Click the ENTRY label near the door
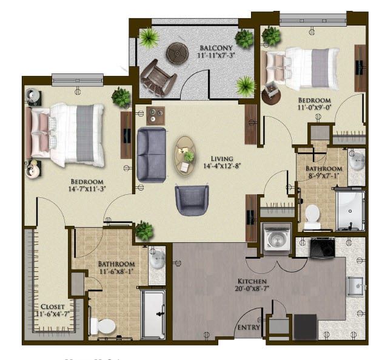(x=249, y=328)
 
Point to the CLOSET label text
(x=53, y=307)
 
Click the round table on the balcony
(x=177, y=53)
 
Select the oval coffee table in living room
(x=186, y=155)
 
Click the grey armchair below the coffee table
(x=192, y=200)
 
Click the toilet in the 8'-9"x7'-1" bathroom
(x=312, y=216)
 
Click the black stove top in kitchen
(x=321, y=247)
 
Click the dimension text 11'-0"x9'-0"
(x=313, y=109)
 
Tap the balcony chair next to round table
(x=158, y=77)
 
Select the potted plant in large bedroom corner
(x=121, y=97)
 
